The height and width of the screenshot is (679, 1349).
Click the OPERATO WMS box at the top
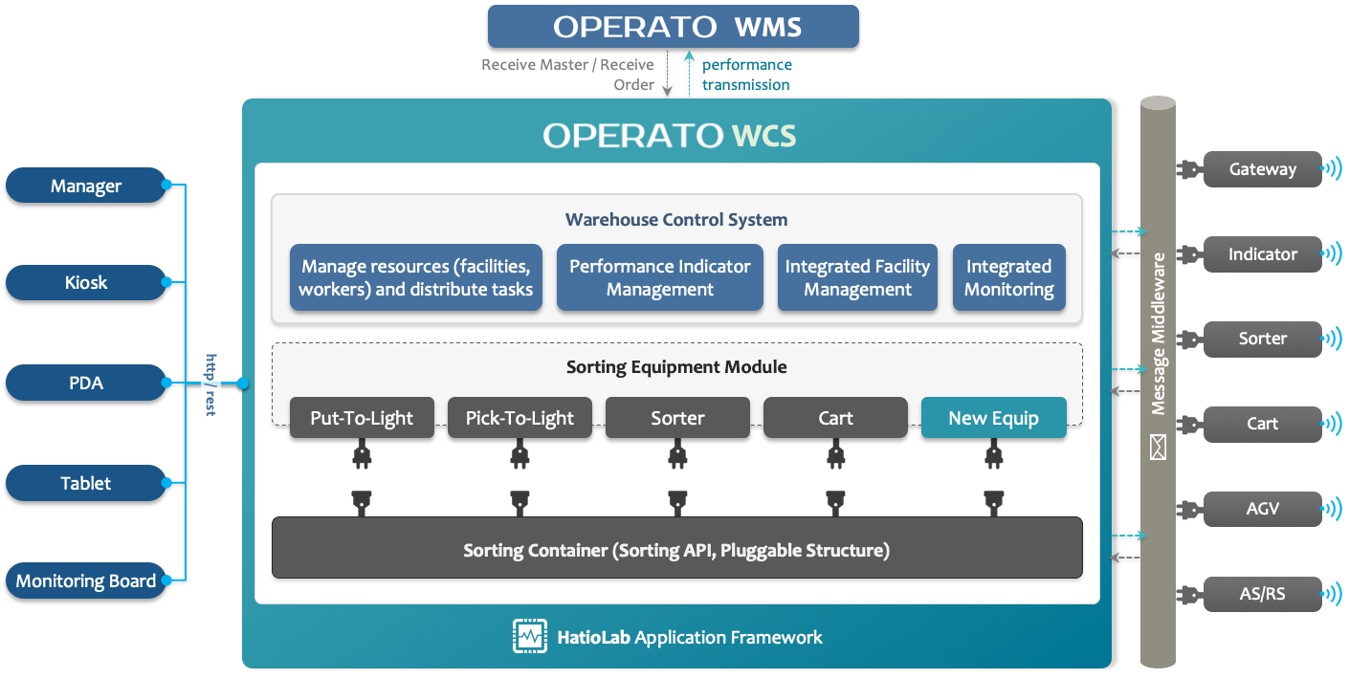pyautogui.click(x=674, y=27)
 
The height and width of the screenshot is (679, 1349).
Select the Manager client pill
pyautogui.click(x=85, y=186)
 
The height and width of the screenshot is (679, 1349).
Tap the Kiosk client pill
pyautogui.click(x=85, y=282)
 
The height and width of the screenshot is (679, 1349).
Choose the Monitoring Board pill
pyautogui.click(x=85, y=580)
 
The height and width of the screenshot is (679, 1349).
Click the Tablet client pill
pyautogui.click(x=85, y=483)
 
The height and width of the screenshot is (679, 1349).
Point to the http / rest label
pyautogui.click(x=210, y=384)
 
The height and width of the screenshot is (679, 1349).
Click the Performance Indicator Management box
pyautogui.click(x=659, y=277)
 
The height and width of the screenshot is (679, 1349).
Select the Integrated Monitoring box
pyautogui.click(x=1008, y=277)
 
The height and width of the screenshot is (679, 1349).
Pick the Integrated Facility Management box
pyautogui.click(x=857, y=277)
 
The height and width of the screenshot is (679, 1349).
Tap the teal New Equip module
pyautogui.click(x=994, y=417)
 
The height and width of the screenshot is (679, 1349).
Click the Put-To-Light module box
pyautogui.click(x=362, y=417)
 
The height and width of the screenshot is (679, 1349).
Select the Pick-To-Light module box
pyautogui.click(x=520, y=417)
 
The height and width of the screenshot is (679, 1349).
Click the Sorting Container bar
pyautogui.click(x=677, y=548)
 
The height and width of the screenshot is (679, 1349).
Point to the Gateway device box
pyautogui.click(x=1262, y=169)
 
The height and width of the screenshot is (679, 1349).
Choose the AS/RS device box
pyautogui.click(x=1262, y=594)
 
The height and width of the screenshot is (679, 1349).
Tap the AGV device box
pyautogui.click(x=1262, y=509)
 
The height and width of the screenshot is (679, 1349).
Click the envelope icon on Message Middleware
pyautogui.click(x=1158, y=447)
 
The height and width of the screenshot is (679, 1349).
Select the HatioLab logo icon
pyautogui.click(x=529, y=636)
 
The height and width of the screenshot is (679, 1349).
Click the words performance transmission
pyautogui.click(x=747, y=75)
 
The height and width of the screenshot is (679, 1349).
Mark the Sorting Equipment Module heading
pyautogui.click(x=676, y=366)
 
